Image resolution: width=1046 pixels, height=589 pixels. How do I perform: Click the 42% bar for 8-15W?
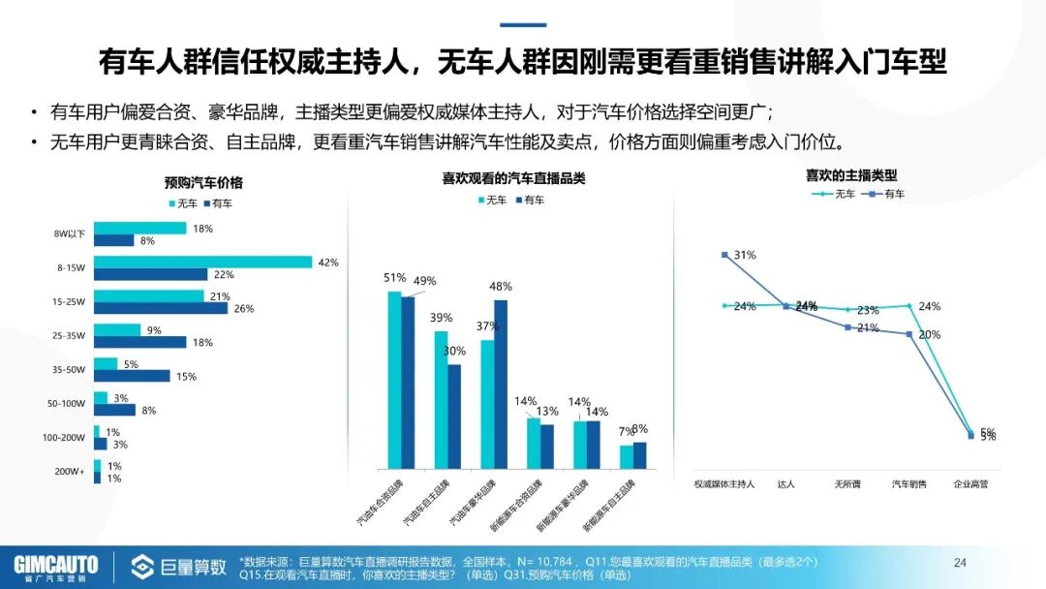click(x=202, y=262)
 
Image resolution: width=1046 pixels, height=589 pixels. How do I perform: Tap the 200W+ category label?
click(x=70, y=472)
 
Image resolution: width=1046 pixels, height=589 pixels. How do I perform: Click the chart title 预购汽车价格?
click(x=203, y=182)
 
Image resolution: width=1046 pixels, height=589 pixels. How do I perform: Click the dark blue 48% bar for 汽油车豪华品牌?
click(x=501, y=385)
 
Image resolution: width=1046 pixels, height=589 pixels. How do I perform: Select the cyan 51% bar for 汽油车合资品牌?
click(x=394, y=380)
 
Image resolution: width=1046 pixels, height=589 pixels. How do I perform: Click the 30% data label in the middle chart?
click(x=454, y=351)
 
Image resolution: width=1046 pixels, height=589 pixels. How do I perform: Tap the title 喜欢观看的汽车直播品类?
click(x=513, y=178)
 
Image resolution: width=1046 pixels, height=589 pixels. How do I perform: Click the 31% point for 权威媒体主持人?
click(x=724, y=255)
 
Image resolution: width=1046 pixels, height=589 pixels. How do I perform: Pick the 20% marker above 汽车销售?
click(x=909, y=334)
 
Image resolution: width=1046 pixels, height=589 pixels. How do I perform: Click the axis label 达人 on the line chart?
click(x=786, y=483)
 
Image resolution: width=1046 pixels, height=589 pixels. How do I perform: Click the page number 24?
click(x=961, y=563)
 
